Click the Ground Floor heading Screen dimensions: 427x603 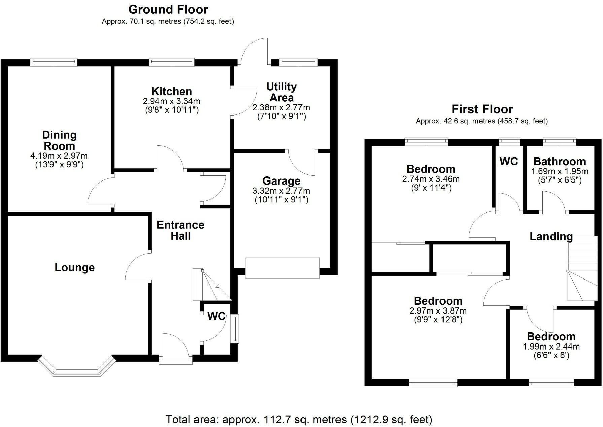pyautogui.click(x=168, y=9)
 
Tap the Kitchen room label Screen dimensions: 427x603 pyautogui.click(x=172, y=91)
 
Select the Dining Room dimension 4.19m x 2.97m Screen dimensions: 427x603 pyautogui.click(x=59, y=156)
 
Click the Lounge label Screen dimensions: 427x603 pyautogui.click(x=75, y=268)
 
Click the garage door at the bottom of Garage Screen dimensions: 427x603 pyautogui.click(x=282, y=268)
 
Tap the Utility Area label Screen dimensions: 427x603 pyautogui.click(x=281, y=92)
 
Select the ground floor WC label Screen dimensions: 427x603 pyautogui.click(x=216, y=316)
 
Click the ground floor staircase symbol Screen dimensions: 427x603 pyautogui.click(x=211, y=285)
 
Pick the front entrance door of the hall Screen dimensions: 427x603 pyautogui.click(x=176, y=360)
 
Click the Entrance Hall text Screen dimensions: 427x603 pyautogui.click(x=180, y=230)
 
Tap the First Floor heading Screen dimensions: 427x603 pyautogui.click(x=482, y=109)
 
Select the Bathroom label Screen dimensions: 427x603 pyautogui.click(x=559, y=162)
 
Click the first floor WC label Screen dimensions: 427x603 pyautogui.click(x=508, y=162)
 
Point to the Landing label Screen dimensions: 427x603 pyautogui.click(x=551, y=237)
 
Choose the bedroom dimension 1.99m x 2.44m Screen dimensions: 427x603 pyautogui.click(x=551, y=347)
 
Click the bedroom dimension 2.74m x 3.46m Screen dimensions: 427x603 pyautogui.click(x=431, y=179)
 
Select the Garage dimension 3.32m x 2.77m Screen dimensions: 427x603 pyautogui.click(x=281, y=191)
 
